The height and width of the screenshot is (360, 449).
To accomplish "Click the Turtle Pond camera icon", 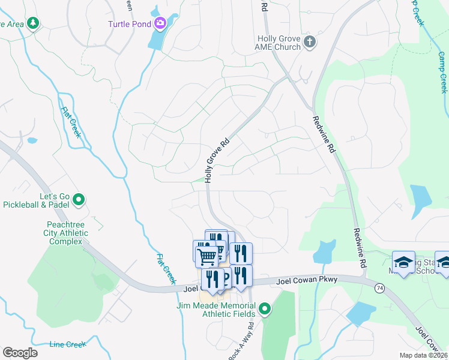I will point(160,24).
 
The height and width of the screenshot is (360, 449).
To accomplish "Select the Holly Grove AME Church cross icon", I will point(309,42).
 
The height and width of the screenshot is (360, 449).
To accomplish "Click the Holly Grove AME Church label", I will point(279,43).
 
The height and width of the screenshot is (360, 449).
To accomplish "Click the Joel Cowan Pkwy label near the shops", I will point(307,280).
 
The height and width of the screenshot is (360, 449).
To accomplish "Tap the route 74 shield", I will point(379,289).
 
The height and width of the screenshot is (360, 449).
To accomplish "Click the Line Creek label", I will point(68,344).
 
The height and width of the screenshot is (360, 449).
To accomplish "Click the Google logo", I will point(20,352).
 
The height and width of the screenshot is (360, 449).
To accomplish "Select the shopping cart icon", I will point(206,256).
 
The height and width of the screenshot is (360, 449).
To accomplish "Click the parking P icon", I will point(226,277).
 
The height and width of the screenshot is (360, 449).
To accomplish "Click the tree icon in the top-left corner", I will point(33,23).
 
